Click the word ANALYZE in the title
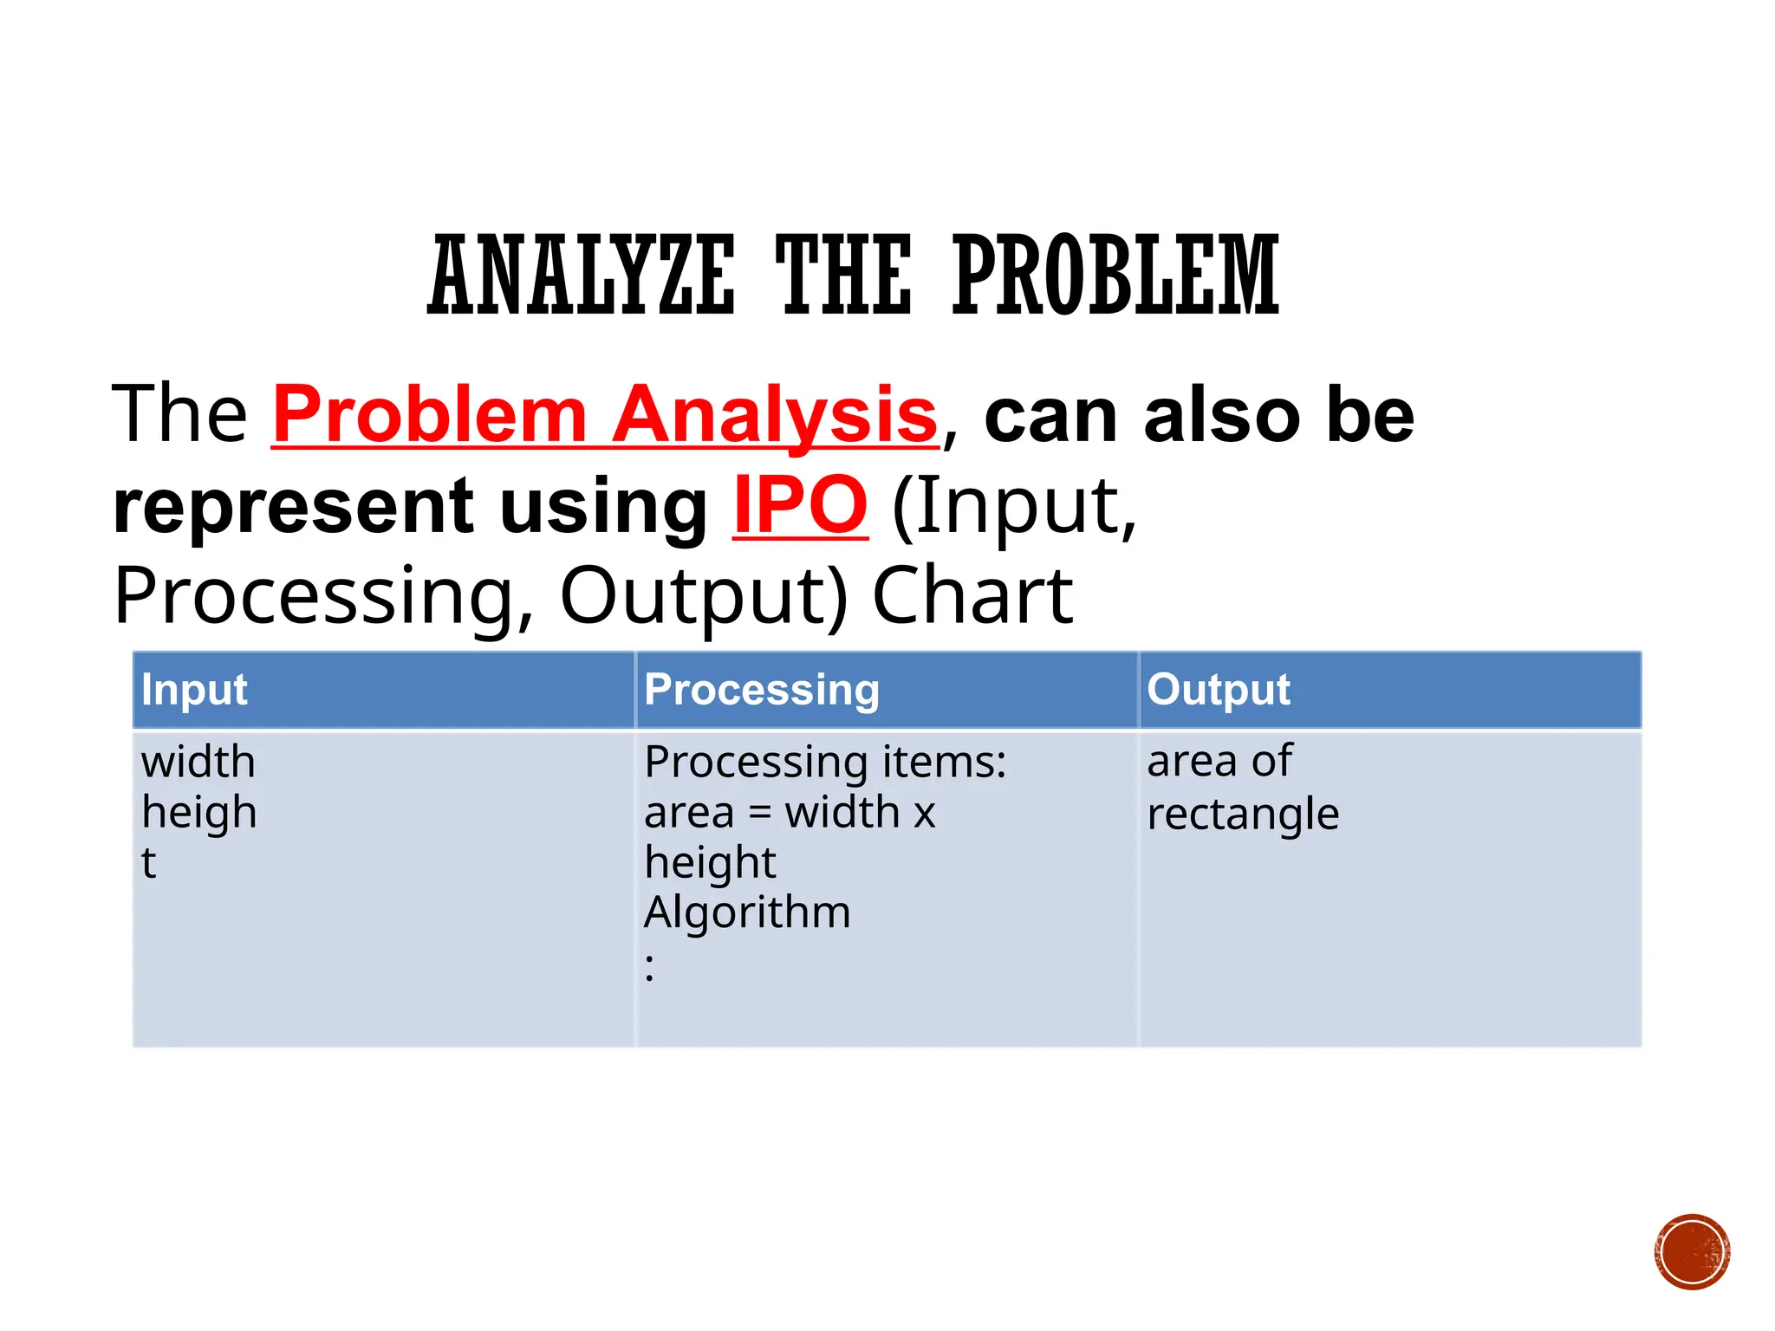click(582, 275)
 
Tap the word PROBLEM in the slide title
click(1115, 275)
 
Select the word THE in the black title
click(843, 275)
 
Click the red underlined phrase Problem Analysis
click(605, 415)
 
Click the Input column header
click(194, 690)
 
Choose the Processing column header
click(762, 690)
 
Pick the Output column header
click(1219, 690)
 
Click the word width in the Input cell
click(198, 763)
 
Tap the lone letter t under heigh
click(148, 863)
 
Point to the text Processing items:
click(825, 763)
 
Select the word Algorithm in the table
click(747, 912)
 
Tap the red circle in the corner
click(1692, 1252)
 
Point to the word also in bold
click(1223, 416)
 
